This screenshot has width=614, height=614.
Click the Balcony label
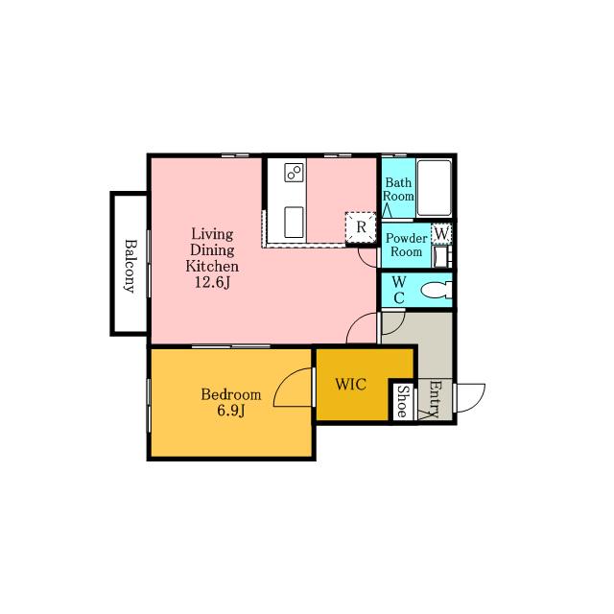[x=130, y=267]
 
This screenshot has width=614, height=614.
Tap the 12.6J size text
[x=212, y=282]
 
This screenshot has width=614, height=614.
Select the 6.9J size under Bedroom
[x=231, y=411]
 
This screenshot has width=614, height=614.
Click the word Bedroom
[x=231, y=394]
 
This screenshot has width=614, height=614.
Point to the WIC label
[x=351, y=385]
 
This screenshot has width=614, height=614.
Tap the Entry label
[x=434, y=399]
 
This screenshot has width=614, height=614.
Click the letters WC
[x=399, y=290]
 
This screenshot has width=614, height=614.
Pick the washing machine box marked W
[x=441, y=234]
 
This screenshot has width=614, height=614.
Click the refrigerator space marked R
[x=361, y=227]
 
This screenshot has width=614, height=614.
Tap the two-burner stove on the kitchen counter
[x=295, y=172]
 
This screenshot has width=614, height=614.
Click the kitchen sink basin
[x=294, y=222]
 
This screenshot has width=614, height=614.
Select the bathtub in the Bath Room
[x=435, y=188]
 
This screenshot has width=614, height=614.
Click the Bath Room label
[x=398, y=189]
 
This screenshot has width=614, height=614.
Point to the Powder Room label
[x=407, y=245]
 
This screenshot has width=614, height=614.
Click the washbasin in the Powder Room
[x=441, y=256]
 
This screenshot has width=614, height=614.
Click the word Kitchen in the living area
[x=212, y=267]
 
